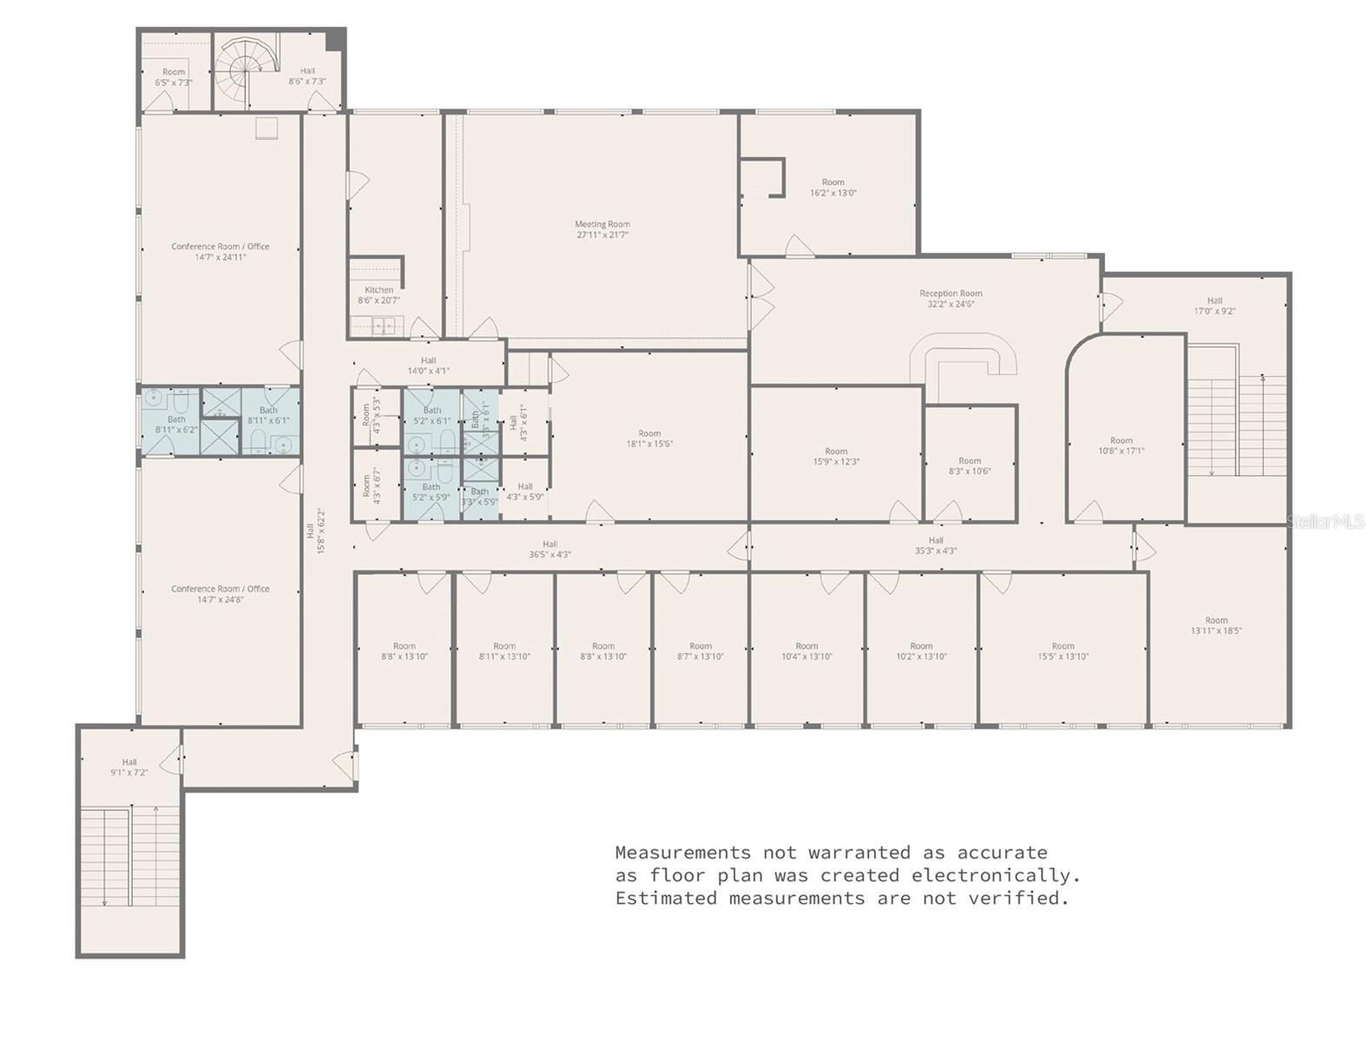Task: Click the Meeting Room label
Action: click(x=602, y=229)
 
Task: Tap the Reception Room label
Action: click(x=950, y=299)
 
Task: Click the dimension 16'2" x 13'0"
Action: click(x=832, y=193)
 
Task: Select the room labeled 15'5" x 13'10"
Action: click(x=1062, y=651)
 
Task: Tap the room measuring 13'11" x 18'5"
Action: click(x=1215, y=625)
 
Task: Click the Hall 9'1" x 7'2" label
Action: click(x=129, y=767)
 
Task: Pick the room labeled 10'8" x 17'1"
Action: click(x=1121, y=445)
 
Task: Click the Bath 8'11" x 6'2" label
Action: click(x=176, y=424)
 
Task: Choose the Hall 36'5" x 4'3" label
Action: click(x=549, y=549)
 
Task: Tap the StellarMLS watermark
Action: click(x=1325, y=521)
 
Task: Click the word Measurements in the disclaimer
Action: click(x=682, y=853)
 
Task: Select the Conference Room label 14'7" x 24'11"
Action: click(x=220, y=252)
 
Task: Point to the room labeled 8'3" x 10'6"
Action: click(x=970, y=466)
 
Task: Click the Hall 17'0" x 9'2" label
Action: click(x=1213, y=306)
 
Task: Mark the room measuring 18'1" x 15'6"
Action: click(x=649, y=439)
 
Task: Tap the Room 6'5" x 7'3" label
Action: click(x=174, y=77)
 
